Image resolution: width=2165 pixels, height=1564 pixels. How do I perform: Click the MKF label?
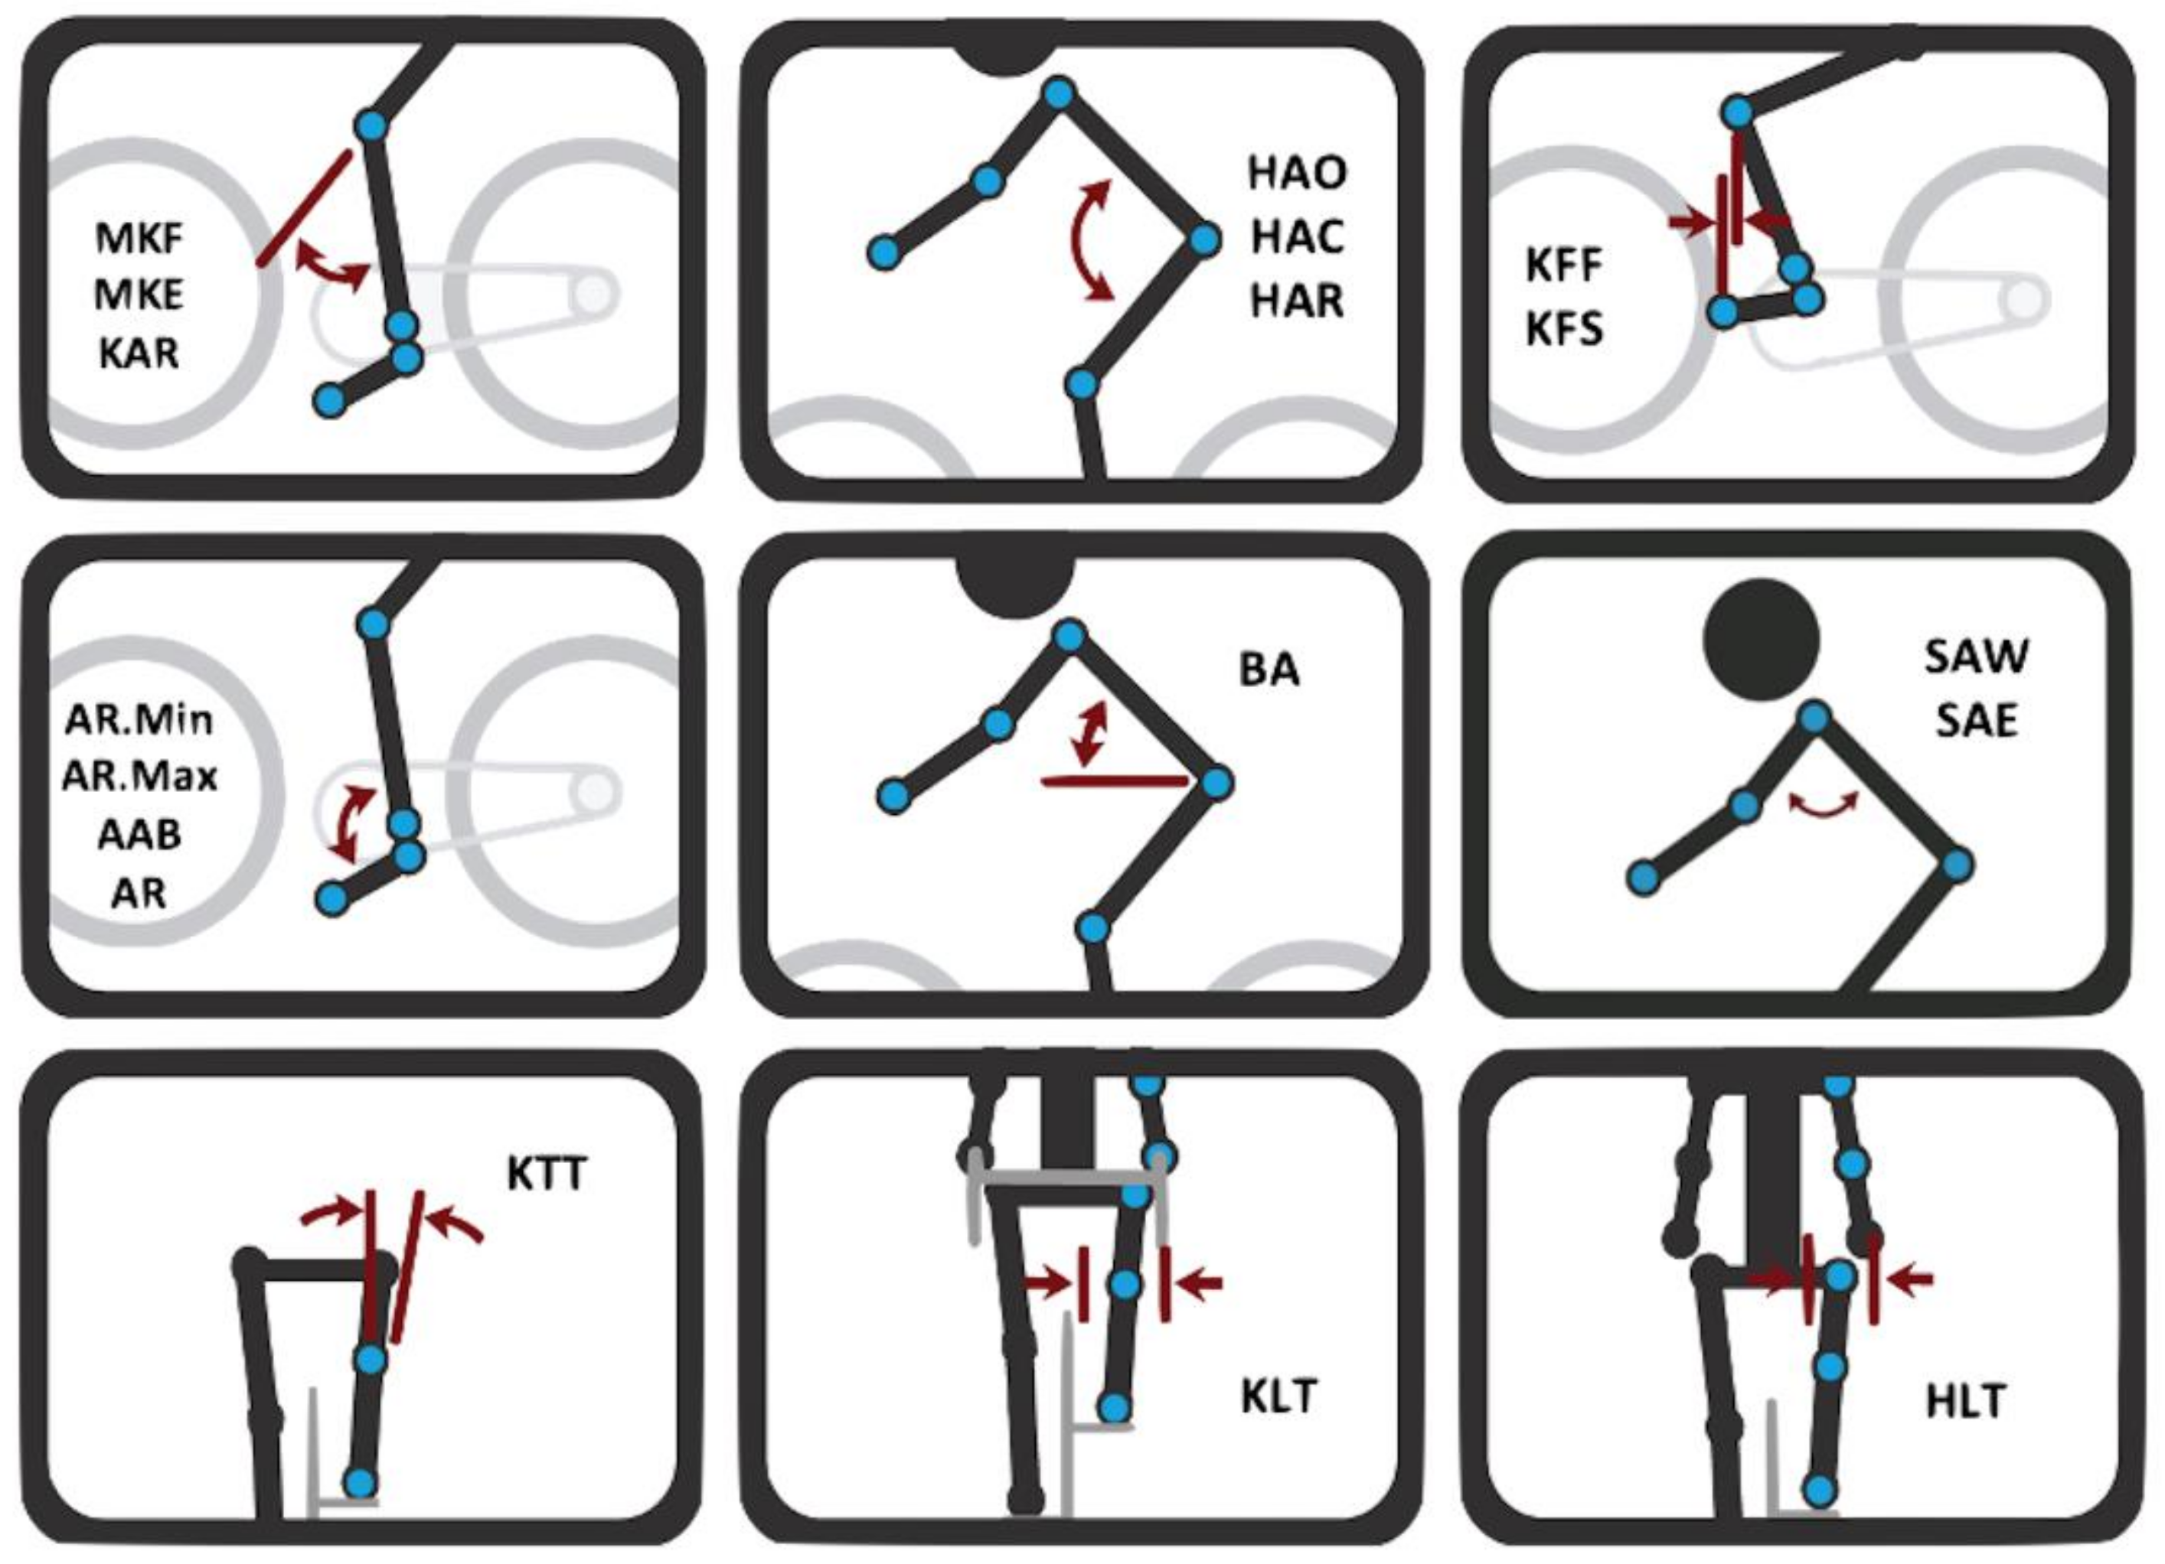click(x=139, y=238)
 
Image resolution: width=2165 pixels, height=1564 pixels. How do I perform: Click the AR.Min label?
click(x=139, y=718)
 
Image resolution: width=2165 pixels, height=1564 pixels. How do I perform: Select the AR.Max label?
click(x=139, y=777)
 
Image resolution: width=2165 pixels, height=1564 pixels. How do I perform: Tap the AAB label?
click(x=139, y=835)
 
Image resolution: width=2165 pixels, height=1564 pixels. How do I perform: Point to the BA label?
click(x=1269, y=669)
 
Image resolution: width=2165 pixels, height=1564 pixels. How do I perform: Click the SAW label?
click(x=1976, y=656)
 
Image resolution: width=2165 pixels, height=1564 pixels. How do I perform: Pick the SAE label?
click(x=1976, y=721)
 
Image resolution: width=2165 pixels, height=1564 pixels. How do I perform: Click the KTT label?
click(x=546, y=1174)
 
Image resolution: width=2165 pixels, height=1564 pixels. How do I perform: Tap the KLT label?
click(x=1279, y=1397)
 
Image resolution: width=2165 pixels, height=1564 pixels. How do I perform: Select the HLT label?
click(x=1965, y=1402)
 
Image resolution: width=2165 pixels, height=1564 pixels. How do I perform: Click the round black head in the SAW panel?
click(x=1762, y=637)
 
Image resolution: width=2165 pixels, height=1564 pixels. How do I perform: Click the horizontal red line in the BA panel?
click(x=1115, y=780)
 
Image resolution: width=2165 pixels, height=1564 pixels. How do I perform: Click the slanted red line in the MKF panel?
click(x=304, y=207)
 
